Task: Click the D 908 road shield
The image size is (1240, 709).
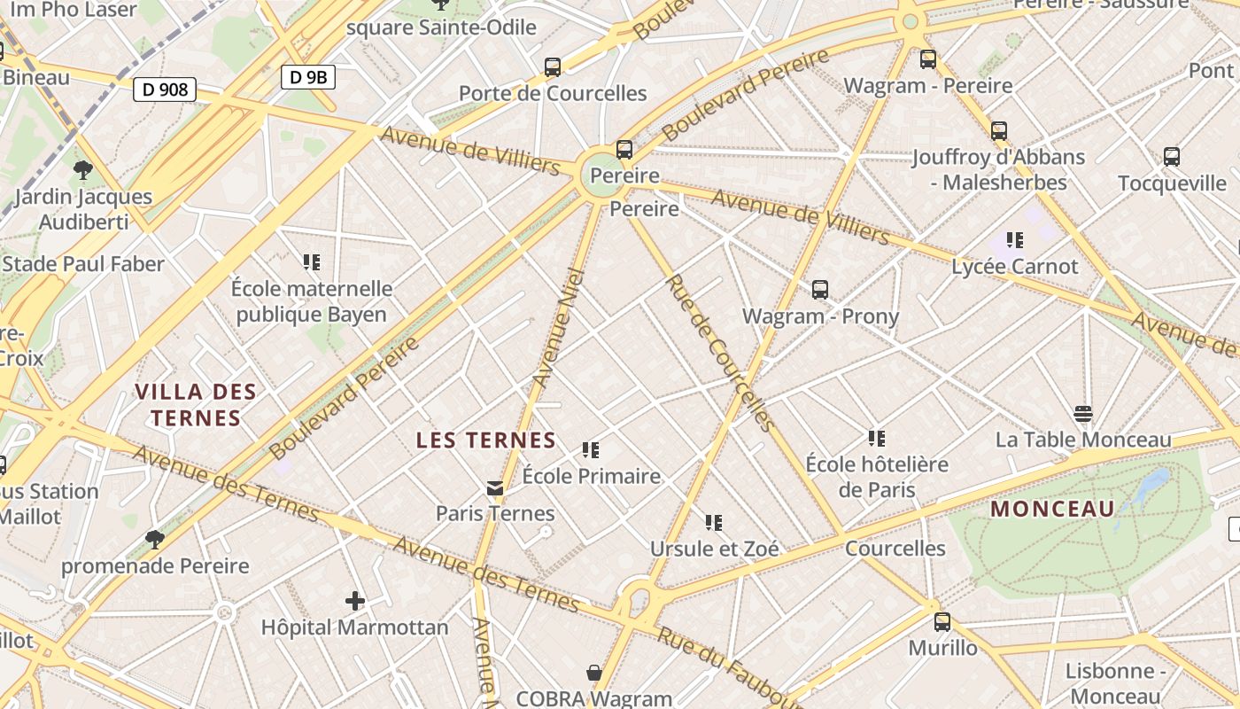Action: (165, 89)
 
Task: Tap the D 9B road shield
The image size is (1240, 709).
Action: (308, 77)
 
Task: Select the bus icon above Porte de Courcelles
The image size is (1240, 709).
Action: (553, 66)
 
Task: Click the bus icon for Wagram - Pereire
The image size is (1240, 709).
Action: (928, 59)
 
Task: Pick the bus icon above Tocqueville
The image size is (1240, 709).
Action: (1172, 157)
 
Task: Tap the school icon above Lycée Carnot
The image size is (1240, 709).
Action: (1015, 239)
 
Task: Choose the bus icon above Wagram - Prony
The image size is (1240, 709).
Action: (820, 289)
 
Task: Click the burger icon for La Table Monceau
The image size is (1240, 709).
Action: (1082, 413)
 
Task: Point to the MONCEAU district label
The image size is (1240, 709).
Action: (1052, 509)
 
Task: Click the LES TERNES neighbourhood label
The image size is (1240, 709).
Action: (486, 440)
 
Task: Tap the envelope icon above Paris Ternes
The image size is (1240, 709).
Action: (495, 487)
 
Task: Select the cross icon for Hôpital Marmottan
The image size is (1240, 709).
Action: (355, 601)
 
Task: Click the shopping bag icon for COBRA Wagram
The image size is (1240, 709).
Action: (594, 674)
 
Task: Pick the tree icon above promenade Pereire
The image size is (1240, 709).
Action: (155, 539)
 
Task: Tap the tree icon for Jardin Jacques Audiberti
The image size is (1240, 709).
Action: (83, 169)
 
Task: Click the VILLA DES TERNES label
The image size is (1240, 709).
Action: (196, 405)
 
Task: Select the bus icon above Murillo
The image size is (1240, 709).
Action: (942, 621)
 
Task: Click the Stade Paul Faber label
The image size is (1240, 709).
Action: (83, 264)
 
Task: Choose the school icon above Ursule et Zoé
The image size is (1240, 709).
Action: (714, 523)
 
